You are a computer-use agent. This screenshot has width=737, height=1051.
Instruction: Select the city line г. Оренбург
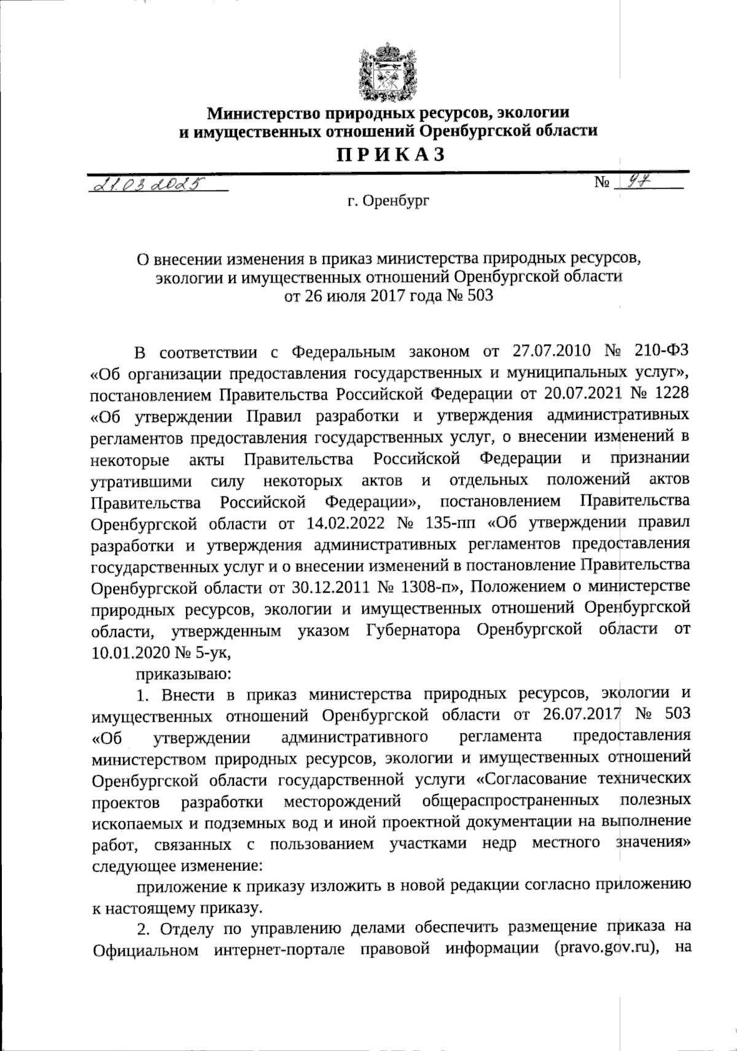tap(388, 200)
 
